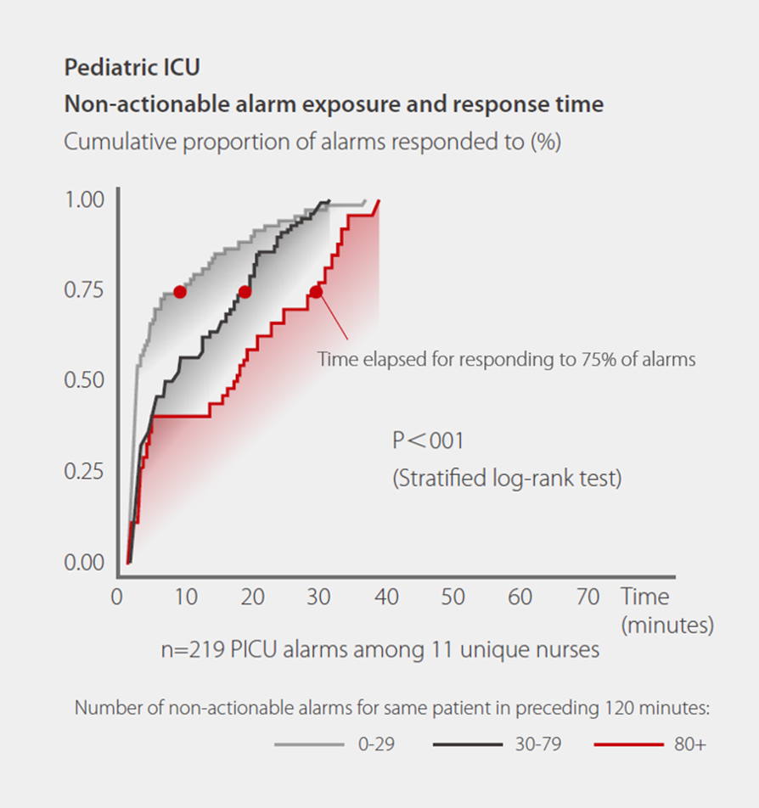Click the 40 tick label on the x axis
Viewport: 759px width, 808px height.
tap(386, 597)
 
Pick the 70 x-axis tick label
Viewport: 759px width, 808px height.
tap(588, 597)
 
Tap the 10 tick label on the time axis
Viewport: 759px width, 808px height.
tap(184, 597)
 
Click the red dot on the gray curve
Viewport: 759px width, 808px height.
tap(180, 292)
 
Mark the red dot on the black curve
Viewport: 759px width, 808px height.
tap(245, 292)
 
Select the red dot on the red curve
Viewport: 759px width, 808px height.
tap(316, 292)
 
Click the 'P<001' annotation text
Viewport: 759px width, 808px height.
tap(428, 441)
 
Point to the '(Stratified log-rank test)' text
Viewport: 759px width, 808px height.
tap(507, 479)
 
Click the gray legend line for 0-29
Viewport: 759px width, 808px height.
tap(308, 745)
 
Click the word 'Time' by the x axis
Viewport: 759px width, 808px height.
tap(644, 597)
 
